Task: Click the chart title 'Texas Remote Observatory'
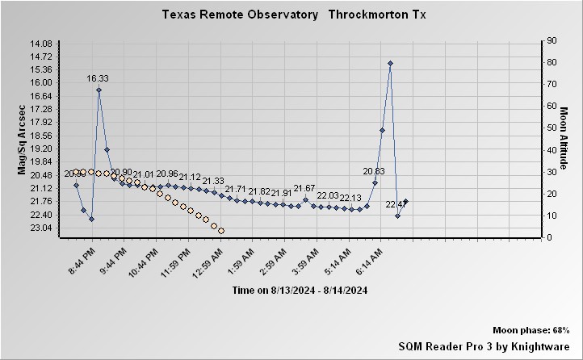click(240, 15)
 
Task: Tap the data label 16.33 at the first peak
click(98, 78)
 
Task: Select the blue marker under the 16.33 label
click(99, 90)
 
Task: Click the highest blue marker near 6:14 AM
click(390, 63)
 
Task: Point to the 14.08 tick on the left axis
click(40, 43)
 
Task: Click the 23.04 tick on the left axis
click(40, 228)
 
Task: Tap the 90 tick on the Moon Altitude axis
click(552, 40)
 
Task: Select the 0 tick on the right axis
click(549, 237)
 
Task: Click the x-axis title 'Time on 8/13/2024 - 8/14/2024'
click(300, 290)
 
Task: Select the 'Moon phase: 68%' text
click(531, 331)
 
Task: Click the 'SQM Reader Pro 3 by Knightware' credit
click(484, 345)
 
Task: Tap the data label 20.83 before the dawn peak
click(374, 171)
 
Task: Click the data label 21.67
click(304, 188)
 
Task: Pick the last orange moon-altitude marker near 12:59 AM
click(221, 231)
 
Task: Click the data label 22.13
click(350, 198)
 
